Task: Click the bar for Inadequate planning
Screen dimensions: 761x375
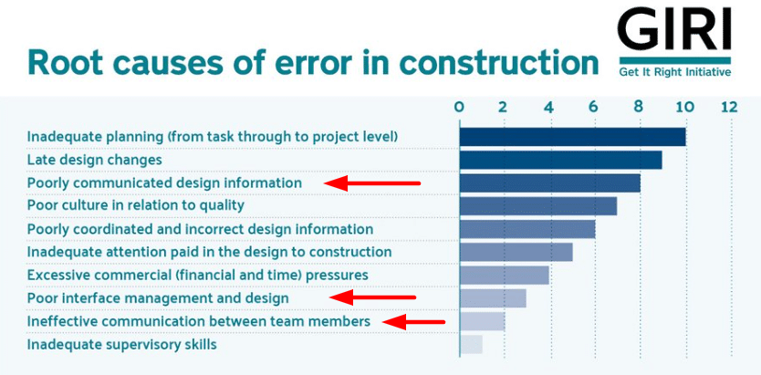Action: [573, 137]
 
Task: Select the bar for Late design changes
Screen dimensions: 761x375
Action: [561, 160]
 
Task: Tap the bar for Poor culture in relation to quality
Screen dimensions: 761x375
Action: [538, 206]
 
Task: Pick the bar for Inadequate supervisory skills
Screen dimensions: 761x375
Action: [471, 345]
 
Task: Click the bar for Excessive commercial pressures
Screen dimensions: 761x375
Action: [505, 275]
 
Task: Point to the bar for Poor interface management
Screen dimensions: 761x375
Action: [493, 298]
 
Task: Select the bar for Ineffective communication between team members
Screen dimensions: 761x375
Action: [483, 321]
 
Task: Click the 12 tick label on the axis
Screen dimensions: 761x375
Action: [729, 107]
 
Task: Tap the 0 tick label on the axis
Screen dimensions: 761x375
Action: [459, 107]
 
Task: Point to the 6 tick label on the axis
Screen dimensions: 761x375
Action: [594, 107]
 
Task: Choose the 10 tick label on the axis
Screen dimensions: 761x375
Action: [684, 107]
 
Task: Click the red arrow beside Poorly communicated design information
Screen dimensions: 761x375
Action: [372, 183]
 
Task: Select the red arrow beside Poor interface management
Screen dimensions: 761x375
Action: [372, 297]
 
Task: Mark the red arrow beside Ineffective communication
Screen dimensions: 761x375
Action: [413, 321]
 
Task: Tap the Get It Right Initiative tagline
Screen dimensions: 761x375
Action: [675, 73]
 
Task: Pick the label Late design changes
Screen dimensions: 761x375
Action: [94, 160]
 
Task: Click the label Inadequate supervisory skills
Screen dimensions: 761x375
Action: [122, 346]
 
